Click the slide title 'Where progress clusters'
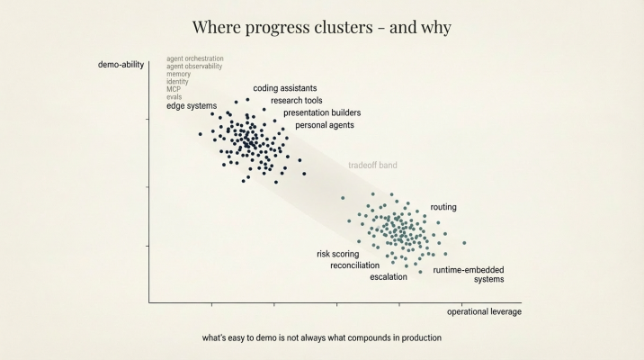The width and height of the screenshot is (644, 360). pos(321,28)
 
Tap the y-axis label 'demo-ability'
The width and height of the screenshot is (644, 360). pos(121,64)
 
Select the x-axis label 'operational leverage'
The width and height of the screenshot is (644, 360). pos(484,311)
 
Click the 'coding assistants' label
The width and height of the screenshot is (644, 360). pos(285,88)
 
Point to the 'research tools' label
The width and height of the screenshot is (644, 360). pos(297,101)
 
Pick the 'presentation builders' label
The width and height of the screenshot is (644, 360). pos(322,112)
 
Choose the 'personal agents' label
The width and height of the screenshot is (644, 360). pos(325,125)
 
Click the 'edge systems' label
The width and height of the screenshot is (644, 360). pos(192,106)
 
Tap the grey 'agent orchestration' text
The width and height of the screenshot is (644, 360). pos(195,58)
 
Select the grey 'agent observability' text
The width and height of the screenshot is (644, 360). pos(194,67)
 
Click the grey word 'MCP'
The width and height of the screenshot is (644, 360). pos(174,89)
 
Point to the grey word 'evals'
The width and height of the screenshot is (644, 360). pos(174,97)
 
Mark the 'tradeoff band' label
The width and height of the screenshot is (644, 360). pos(372,166)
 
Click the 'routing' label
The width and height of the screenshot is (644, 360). pos(443,207)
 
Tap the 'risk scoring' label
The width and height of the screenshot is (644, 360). pos(338,254)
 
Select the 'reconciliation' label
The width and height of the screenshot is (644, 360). pos(354,265)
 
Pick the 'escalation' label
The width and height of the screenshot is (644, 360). pos(389,277)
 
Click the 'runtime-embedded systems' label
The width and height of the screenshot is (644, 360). pos(469,274)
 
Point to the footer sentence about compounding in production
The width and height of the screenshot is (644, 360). pos(322,338)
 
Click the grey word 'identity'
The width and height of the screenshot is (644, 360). pos(177,82)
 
